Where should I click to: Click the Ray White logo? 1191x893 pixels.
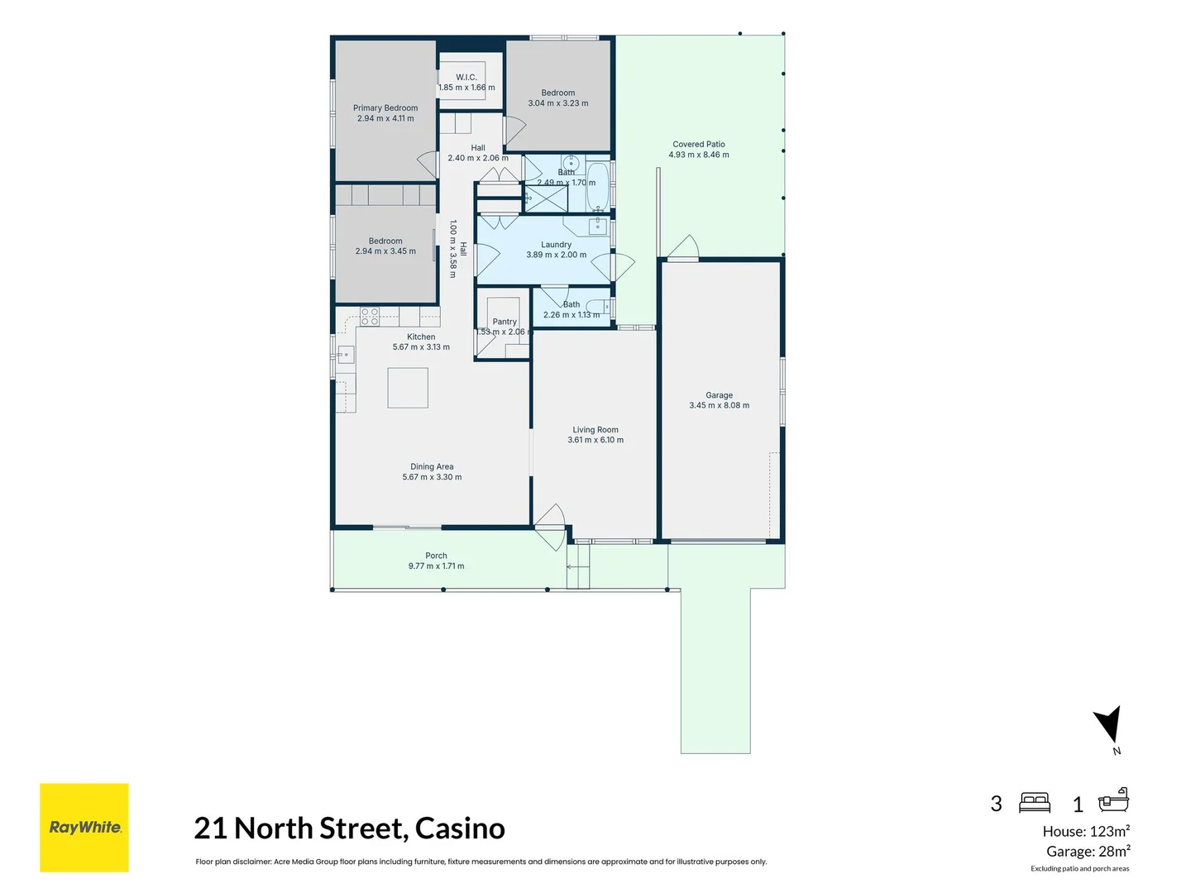pos(84,827)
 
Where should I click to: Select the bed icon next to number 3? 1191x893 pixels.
pos(1035,802)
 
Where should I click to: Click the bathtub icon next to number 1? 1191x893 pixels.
pos(1113,800)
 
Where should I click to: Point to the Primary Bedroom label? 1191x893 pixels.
pos(385,108)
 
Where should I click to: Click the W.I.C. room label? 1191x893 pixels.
pos(466,77)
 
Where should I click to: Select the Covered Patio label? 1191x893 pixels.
pos(699,144)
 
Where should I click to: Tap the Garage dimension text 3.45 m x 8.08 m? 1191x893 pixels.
pos(720,406)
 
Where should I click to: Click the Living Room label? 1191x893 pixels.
pos(595,430)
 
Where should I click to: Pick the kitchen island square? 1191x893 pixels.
pos(408,388)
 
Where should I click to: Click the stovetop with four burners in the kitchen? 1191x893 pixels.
pos(370,316)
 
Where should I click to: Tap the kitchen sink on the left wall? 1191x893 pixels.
pos(345,356)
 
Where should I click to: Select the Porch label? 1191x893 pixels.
pos(436,556)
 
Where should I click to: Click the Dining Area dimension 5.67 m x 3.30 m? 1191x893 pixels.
pos(432,477)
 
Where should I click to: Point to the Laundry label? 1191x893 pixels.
pos(556,245)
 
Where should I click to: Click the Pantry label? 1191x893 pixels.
pos(505,322)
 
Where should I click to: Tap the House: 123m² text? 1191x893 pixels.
pos(1086,832)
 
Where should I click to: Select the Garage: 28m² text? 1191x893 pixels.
pos(1088,852)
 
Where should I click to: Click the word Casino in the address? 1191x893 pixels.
pos(460,828)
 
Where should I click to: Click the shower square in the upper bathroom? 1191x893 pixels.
pos(547,199)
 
